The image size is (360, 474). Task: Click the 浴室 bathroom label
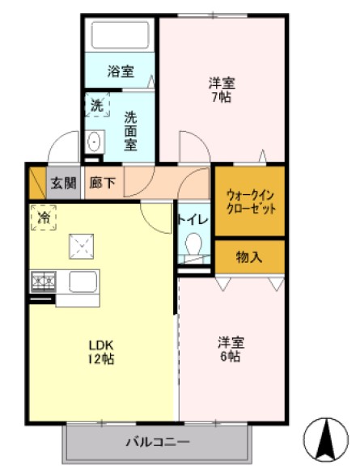[x=121, y=70]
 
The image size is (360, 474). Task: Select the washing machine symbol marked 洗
[x=96, y=104]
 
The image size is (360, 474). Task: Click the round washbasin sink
[x=94, y=143]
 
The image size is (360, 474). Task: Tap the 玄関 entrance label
[x=64, y=183]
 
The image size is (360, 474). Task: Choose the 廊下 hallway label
[x=103, y=183]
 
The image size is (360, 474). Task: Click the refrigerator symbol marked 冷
[x=44, y=218]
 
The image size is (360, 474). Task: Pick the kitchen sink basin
[x=83, y=282]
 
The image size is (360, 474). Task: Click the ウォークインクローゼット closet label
[x=250, y=201]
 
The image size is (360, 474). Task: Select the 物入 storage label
[x=248, y=257]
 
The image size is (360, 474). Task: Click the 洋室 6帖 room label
[x=229, y=349]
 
